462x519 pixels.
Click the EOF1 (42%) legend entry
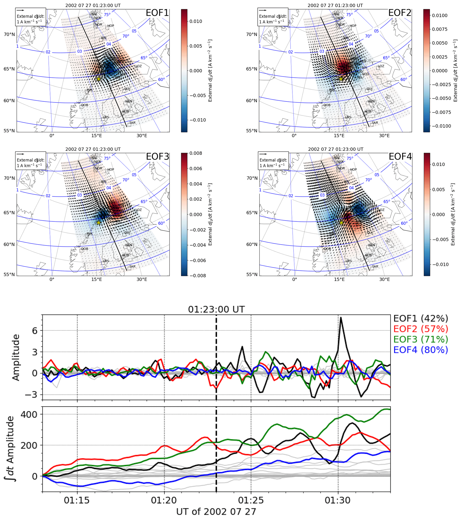click(421, 319)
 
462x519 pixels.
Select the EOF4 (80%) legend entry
click(421, 350)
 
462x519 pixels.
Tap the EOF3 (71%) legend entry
click(421, 339)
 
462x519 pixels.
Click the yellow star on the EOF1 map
click(99, 79)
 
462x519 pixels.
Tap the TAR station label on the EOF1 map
click(132, 123)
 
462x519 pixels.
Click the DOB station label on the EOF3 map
click(84, 249)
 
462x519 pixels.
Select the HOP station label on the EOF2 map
click(353, 26)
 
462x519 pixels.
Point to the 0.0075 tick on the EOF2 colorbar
click(440, 29)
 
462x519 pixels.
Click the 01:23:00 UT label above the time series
click(216, 310)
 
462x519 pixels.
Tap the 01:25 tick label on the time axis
click(251, 500)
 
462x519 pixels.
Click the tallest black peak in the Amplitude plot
click(341, 317)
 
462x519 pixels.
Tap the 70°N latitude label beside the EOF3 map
click(9, 178)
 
